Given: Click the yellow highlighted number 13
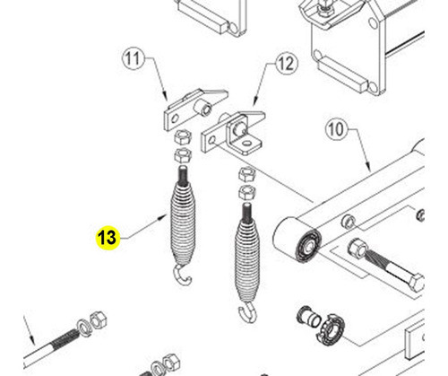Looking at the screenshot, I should point(107,238).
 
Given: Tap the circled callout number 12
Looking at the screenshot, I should point(286,64).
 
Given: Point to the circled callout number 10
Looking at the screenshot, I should point(335,130).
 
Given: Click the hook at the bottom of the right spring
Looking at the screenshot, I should point(246,313).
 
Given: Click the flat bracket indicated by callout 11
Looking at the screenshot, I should point(189,110).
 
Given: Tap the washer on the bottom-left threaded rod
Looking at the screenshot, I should point(86,323).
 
